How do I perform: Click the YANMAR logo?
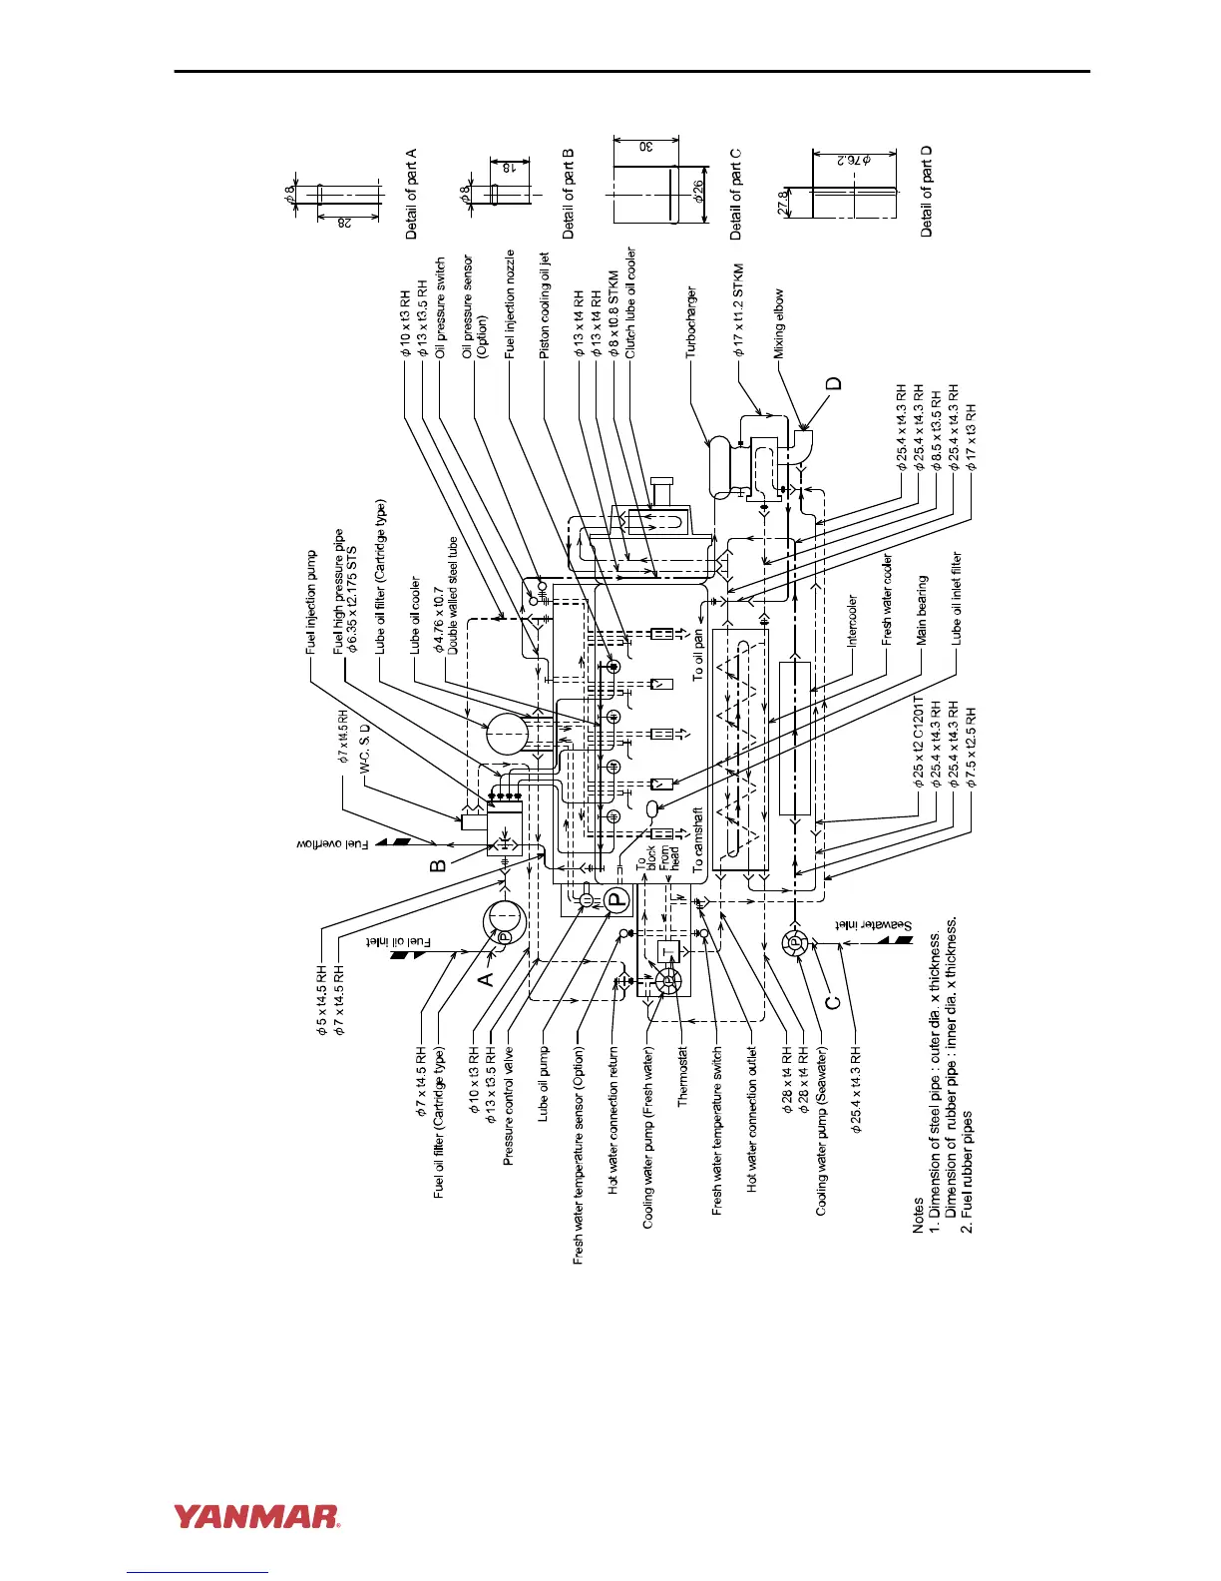pos(257,1517)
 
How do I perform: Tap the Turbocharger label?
pos(691,321)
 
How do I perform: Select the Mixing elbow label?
pos(779,323)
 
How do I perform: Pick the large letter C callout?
pos(834,995)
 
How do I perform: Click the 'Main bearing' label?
pos(921,609)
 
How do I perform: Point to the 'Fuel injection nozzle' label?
pos(510,303)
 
